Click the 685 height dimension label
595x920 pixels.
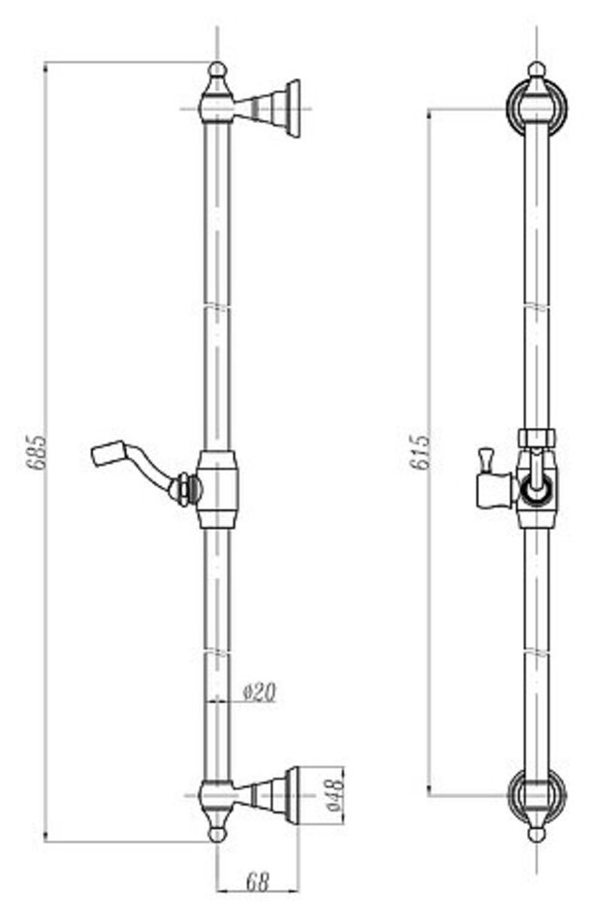pos(37,452)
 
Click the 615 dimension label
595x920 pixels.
pos(420,452)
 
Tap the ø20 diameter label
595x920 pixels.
pos(259,693)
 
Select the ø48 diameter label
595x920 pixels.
pos(334,795)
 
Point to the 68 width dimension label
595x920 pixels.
pos(257,881)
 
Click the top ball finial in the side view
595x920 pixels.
pos(217,70)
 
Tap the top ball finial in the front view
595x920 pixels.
pos(536,70)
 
